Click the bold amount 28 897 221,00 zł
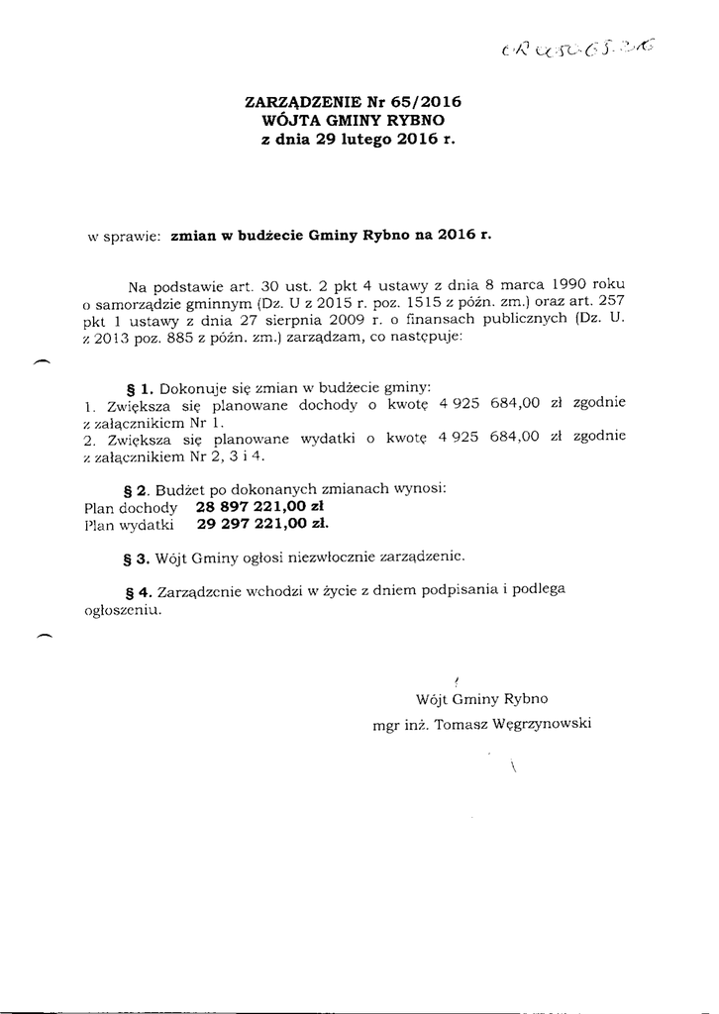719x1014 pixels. (261, 505)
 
